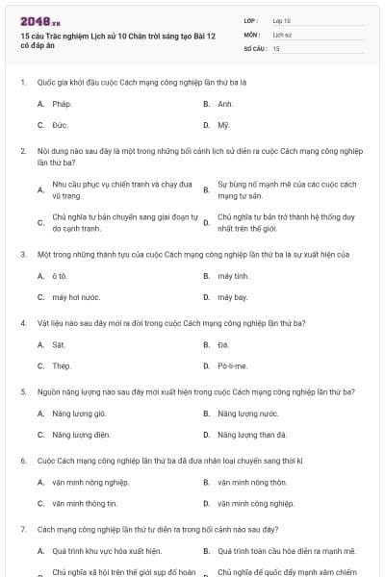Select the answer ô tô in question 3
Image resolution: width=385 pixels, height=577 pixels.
click(x=60, y=276)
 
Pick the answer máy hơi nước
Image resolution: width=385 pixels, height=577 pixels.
click(x=77, y=298)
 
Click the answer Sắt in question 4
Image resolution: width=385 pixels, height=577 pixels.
click(x=59, y=344)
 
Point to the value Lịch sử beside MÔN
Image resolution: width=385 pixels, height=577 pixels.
click(x=281, y=34)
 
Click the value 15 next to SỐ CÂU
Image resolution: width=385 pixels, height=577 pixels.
click(x=276, y=47)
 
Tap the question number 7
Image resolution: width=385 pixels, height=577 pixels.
click(x=22, y=530)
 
